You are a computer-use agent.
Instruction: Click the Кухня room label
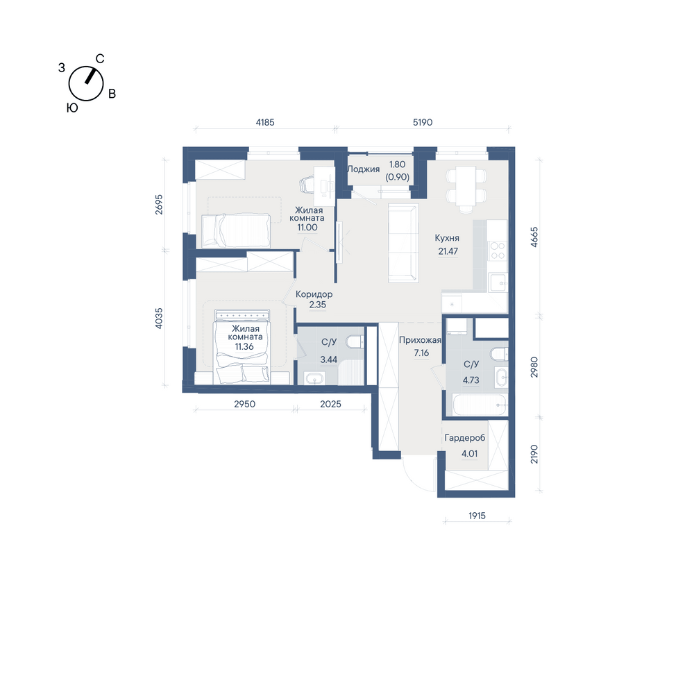446,238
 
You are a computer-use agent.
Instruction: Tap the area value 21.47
448,251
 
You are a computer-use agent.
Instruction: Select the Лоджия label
364,169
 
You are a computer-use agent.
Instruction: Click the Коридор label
314,294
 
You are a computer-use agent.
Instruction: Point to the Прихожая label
420,340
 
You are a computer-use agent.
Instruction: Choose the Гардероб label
465,438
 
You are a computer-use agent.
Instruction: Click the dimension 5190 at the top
423,122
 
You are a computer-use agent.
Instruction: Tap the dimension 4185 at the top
265,122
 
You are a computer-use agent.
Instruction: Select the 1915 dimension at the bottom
477,516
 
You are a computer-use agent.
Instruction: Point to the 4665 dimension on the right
534,237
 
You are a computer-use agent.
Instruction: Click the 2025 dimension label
330,404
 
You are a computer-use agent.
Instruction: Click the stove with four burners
497,251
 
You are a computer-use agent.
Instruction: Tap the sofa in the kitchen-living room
403,242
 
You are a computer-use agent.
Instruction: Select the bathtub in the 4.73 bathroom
480,405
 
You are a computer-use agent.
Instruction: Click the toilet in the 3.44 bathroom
355,341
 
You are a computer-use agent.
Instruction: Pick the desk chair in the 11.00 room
307,184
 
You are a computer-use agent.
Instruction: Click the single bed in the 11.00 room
235,230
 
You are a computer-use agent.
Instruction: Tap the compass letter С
100,59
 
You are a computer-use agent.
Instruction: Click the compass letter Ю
72,108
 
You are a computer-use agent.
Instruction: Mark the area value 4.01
470,454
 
